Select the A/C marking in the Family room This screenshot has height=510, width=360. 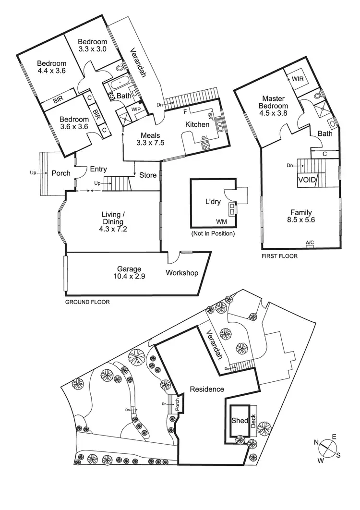click(309, 243)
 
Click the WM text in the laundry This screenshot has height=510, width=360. click(221, 221)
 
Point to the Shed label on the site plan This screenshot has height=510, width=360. click(239, 421)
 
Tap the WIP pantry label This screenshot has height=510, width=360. click(136, 109)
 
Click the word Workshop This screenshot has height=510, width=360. click(182, 273)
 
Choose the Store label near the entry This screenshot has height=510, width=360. click(148, 175)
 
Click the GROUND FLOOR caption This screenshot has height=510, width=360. click(87, 303)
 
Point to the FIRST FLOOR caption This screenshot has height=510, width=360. click(279, 256)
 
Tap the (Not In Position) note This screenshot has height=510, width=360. click(214, 233)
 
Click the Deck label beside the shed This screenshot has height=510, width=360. click(253, 421)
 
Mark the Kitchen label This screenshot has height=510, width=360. click(197, 125)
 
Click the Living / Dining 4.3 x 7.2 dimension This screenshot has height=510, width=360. click(113, 230)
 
